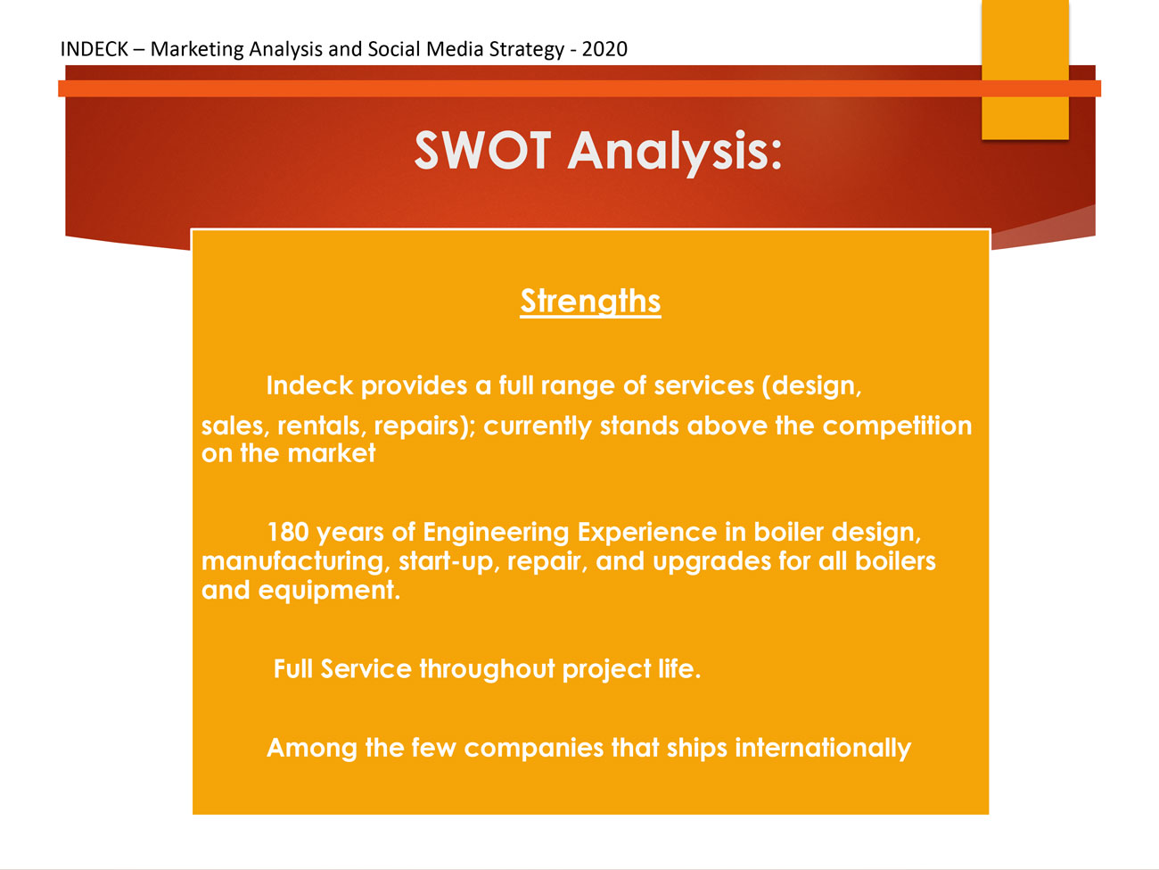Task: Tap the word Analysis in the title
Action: [674, 153]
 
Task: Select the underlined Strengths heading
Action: [590, 302]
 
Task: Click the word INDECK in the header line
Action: [94, 49]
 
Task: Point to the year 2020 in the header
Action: [604, 49]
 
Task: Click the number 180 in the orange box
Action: [288, 532]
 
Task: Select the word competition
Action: [897, 427]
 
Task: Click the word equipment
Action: [330, 591]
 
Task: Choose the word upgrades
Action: [711, 562]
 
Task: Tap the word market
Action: [332, 454]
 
